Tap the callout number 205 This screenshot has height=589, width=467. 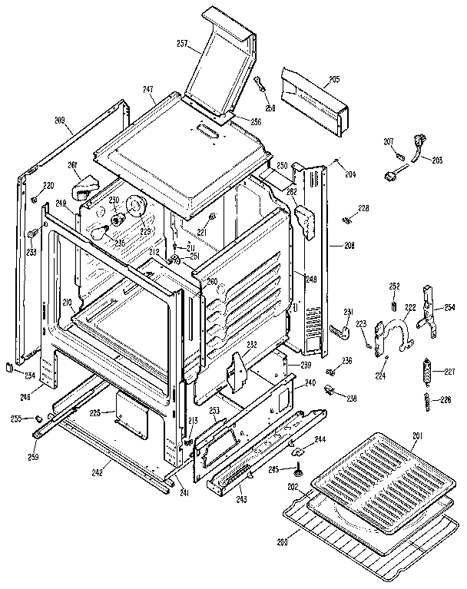click(x=334, y=79)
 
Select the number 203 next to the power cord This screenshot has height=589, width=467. click(x=438, y=160)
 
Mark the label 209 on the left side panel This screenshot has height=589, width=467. click(x=59, y=121)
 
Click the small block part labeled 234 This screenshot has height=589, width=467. click(x=8, y=367)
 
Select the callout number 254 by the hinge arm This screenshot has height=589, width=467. click(x=449, y=307)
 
